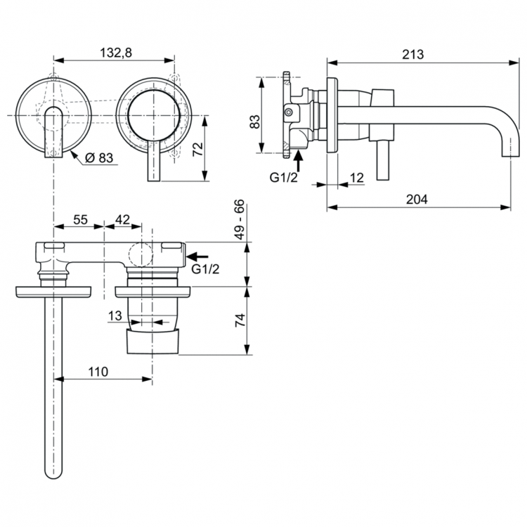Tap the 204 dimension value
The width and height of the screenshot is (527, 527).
417,199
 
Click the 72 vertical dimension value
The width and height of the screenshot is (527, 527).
197,148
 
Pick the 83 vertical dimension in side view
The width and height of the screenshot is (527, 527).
255,121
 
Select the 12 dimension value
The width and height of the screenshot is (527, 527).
356,178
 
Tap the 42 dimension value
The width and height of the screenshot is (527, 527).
122,220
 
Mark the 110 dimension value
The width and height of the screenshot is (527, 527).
98,372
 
